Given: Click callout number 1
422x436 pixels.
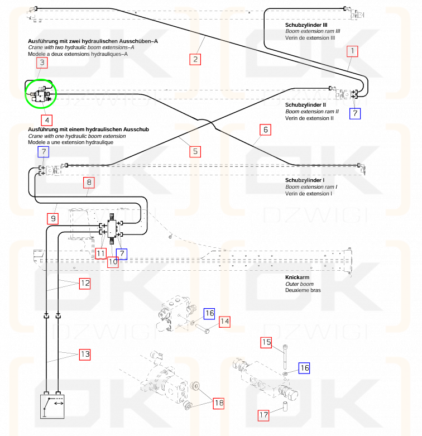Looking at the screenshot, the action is pos(352,51).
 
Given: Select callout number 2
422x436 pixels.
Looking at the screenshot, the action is pos(195,60).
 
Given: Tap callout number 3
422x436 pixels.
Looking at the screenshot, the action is pos(42,63).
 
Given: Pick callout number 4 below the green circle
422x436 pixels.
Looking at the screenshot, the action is pos(47,121).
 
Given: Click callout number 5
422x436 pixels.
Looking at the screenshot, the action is pos(195,152).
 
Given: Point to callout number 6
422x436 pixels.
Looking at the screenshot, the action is pos(266,130).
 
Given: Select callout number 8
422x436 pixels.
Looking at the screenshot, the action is pos(89,183).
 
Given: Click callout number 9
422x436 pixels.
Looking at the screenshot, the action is pos(53,218).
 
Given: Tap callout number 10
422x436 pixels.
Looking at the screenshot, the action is pos(113,262).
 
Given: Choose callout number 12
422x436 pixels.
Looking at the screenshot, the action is pos(85,284).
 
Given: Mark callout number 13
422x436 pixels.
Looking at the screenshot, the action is pos(85,354).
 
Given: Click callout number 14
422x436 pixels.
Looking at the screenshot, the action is pos(224,322).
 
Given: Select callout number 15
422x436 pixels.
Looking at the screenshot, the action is pos(266,342).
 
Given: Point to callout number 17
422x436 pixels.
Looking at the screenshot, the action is pos(263,415).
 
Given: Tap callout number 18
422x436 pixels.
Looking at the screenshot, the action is pos(219,403).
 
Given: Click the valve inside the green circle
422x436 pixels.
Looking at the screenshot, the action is pos(41,94).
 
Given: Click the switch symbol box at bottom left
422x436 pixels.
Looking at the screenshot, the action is pos(52,406).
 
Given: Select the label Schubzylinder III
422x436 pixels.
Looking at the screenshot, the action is pos(306,25).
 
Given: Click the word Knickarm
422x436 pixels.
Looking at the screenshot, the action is pos(297,277).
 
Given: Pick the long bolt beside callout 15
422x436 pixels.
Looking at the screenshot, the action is pos(285,357).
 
